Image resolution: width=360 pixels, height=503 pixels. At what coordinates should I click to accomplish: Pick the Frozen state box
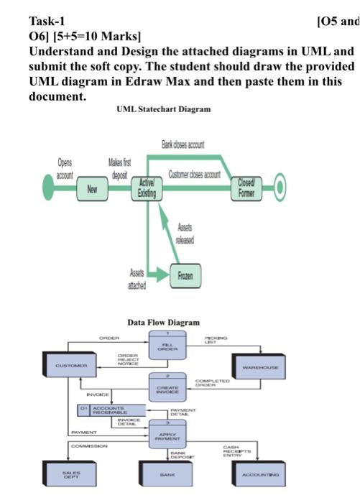tap(185, 274)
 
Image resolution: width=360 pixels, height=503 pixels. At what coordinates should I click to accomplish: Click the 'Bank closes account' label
tap(183, 145)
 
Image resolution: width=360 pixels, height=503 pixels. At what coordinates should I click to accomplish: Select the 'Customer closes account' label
tap(194, 175)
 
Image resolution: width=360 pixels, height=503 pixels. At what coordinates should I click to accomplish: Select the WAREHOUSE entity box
tap(261, 365)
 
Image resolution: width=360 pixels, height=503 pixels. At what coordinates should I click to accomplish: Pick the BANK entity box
tap(167, 474)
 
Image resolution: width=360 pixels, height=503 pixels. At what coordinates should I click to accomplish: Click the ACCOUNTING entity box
tap(261, 474)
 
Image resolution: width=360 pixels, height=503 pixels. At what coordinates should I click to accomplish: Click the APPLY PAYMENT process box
tap(167, 435)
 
